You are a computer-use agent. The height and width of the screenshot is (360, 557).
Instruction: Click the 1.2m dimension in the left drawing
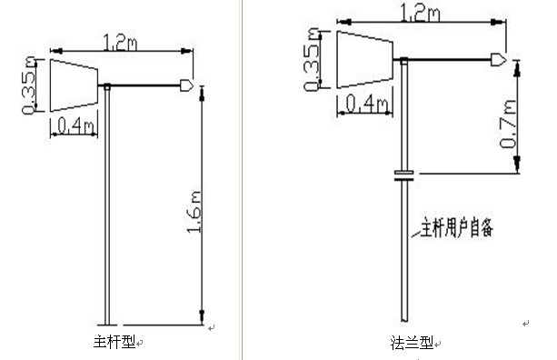point(120,43)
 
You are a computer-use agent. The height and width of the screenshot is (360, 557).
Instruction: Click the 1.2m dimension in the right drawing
point(420,13)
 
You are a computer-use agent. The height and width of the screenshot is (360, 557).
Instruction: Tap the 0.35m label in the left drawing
point(29,85)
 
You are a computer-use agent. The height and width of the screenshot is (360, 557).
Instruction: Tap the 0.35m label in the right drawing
point(312,59)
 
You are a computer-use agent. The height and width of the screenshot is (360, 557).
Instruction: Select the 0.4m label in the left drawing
point(75,125)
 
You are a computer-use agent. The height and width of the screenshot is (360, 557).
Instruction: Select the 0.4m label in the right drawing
point(366,104)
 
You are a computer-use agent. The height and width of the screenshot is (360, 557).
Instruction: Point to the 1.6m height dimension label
point(194,212)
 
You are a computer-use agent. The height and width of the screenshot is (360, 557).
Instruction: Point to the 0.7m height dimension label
point(508,124)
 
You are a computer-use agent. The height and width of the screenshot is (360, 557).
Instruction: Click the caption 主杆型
point(114,342)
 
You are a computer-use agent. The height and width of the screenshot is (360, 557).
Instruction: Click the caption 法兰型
point(412,343)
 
